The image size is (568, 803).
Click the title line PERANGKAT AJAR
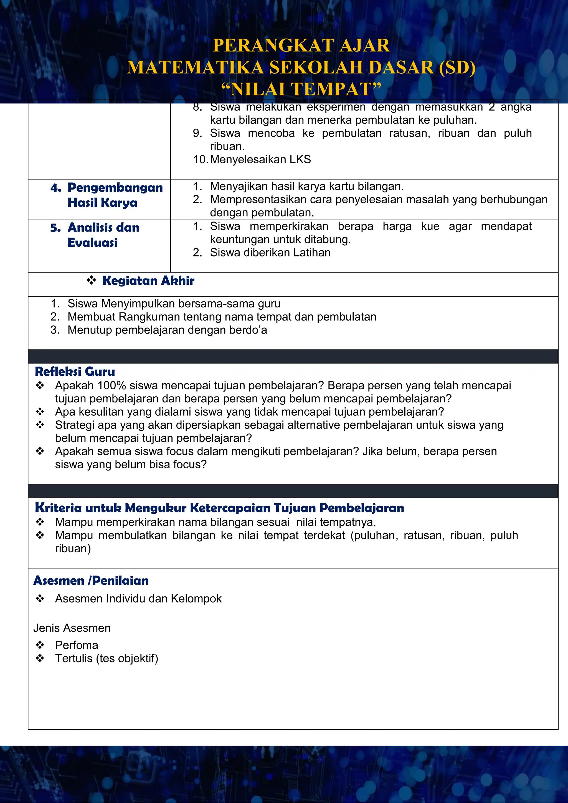coord(301,45)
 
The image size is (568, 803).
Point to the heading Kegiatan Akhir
coord(148,281)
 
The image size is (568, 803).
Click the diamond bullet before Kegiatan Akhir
coord(91,280)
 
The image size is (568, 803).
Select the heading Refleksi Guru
coord(75,372)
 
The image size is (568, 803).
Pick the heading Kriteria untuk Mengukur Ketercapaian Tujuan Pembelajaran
coord(219,507)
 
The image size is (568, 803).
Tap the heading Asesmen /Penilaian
coord(91,581)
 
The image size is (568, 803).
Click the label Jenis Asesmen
coord(72,628)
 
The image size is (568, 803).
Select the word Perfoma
coord(77,645)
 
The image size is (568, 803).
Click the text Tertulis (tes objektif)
coord(107,658)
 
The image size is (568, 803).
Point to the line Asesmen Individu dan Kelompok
coord(138,598)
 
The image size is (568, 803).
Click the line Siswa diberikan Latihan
coord(270,253)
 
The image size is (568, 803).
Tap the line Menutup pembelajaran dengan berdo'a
coord(167,330)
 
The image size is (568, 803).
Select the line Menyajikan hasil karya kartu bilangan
coord(307,186)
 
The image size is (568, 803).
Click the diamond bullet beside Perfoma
coord(40,645)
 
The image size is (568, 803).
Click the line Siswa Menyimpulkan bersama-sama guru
coord(174,304)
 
